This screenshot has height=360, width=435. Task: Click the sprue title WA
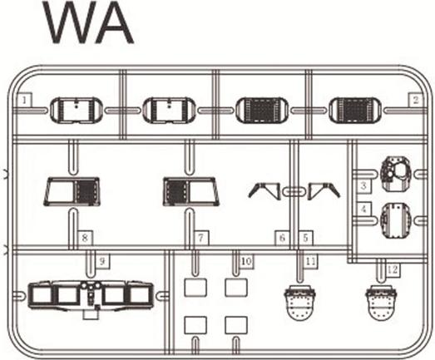point(88,22)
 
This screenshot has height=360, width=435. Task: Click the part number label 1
point(24,100)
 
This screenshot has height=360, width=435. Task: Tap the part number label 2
point(416,100)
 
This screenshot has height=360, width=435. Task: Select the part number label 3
point(363,185)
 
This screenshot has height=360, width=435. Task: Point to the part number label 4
point(363,210)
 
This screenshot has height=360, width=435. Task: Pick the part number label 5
point(305,238)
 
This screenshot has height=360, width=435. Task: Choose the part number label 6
point(283,238)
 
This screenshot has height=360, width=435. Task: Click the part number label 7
point(201,238)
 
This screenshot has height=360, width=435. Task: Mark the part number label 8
point(85,238)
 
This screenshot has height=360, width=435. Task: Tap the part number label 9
point(102,261)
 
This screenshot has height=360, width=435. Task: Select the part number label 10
point(246,261)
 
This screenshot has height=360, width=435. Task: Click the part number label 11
point(310,261)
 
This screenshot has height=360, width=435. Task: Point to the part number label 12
point(393,269)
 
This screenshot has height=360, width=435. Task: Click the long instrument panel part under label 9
point(91,296)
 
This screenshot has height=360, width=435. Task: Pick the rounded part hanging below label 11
point(300,303)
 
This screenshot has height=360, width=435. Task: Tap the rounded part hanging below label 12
point(381,303)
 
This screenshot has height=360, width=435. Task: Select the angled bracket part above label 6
point(264,191)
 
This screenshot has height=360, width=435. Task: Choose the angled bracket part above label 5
point(324,191)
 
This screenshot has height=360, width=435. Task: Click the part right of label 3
point(396,174)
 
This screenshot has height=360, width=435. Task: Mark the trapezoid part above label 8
point(72,192)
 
